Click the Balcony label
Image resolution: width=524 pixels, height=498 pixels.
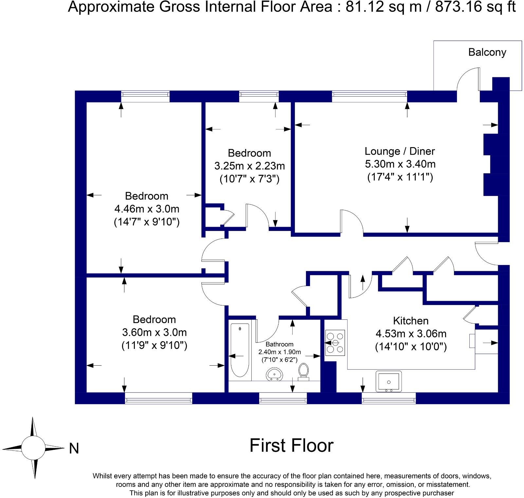[x=487, y=52]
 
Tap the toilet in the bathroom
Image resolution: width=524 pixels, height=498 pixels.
[x=303, y=372]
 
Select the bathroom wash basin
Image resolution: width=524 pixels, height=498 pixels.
[x=275, y=374]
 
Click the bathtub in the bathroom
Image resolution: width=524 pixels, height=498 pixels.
[x=240, y=350]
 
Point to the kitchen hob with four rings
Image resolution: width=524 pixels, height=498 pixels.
[x=335, y=343]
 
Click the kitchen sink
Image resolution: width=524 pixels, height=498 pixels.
[x=389, y=382]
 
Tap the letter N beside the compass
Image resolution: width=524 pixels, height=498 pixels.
[x=74, y=449]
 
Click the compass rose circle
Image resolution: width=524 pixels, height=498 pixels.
[x=33, y=448]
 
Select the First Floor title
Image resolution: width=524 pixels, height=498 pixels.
[x=291, y=446]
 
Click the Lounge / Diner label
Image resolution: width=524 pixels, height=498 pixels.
[x=400, y=151]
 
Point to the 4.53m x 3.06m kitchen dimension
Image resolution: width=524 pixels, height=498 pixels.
[x=411, y=334]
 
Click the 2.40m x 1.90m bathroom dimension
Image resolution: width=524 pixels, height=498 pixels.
[x=280, y=352]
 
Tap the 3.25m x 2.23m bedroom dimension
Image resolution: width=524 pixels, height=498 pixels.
[x=249, y=166]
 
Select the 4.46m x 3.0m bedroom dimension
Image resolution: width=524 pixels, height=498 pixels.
[x=147, y=209]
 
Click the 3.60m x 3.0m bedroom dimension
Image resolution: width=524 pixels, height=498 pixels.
[x=154, y=332]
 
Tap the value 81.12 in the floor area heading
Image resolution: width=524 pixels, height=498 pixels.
[x=365, y=7]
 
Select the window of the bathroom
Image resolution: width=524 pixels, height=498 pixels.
[x=283, y=398]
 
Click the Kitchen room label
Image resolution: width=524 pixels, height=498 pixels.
[x=411, y=321]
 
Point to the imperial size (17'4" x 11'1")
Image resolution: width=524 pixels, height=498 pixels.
[x=400, y=177]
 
